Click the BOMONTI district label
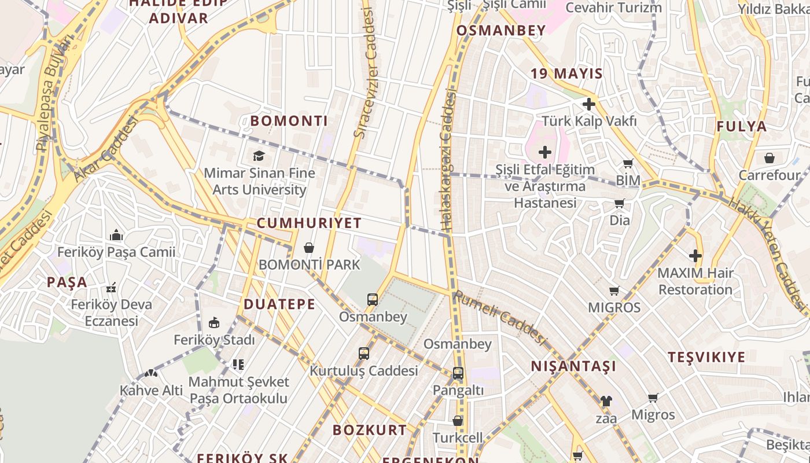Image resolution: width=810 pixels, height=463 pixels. coord(289,121)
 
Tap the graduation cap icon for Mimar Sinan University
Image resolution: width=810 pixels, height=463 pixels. coord(259,156)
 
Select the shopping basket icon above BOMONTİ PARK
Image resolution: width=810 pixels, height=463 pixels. coord(309,248)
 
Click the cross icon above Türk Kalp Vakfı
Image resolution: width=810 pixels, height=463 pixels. coord(589,104)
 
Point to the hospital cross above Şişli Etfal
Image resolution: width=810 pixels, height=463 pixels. coord(544,153)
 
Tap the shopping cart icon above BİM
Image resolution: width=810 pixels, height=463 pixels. coord(628,164)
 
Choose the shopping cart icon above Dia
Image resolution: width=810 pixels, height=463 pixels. coord(620,203)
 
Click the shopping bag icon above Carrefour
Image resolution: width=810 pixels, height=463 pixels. coord(770,157)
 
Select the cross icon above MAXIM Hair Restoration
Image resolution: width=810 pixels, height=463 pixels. coord(695,255)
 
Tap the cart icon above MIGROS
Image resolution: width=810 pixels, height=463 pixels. coord(614,291)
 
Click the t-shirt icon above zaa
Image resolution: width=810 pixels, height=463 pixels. coord(606,400)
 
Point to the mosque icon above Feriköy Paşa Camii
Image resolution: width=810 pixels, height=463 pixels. coord(116,235)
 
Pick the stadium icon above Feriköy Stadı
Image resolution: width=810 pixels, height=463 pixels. coord(214,323)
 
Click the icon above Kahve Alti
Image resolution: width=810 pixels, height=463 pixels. coord(151,374)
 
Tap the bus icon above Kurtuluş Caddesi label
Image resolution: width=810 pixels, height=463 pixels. coord(363,354)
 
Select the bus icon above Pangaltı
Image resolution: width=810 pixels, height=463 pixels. coord(458,373)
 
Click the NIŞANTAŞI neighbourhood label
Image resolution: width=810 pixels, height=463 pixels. coord(573,366)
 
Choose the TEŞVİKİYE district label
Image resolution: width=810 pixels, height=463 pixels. coord(706,357)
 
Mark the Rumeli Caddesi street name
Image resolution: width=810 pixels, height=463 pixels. coord(500,318)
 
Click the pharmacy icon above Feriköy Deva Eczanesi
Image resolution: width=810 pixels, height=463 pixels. coord(111,287)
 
